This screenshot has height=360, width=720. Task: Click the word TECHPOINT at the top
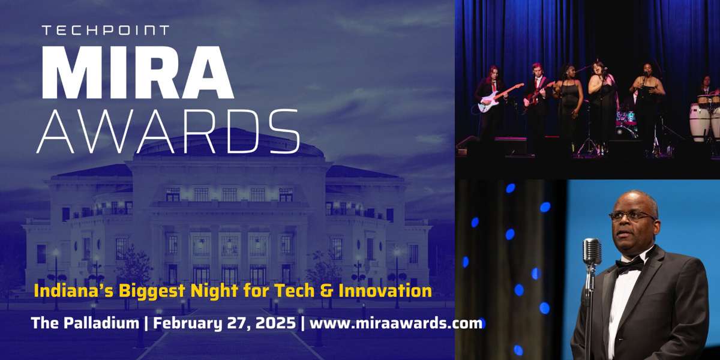(106, 30)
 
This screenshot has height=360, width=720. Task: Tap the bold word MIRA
(137, 73)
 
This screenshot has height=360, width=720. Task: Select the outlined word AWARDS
(168, 131)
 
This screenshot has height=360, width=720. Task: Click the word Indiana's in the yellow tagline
(74, 290)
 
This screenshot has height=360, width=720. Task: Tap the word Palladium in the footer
(101, 323)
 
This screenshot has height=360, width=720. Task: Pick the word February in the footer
(187, 323)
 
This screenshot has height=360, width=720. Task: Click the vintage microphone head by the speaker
(592, 251)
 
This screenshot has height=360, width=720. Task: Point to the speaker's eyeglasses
(632, 217)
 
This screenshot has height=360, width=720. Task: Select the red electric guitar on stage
(538, 94)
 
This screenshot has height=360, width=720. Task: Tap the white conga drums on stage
(704, 118)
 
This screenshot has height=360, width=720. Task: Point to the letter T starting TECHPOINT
(47, 30)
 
